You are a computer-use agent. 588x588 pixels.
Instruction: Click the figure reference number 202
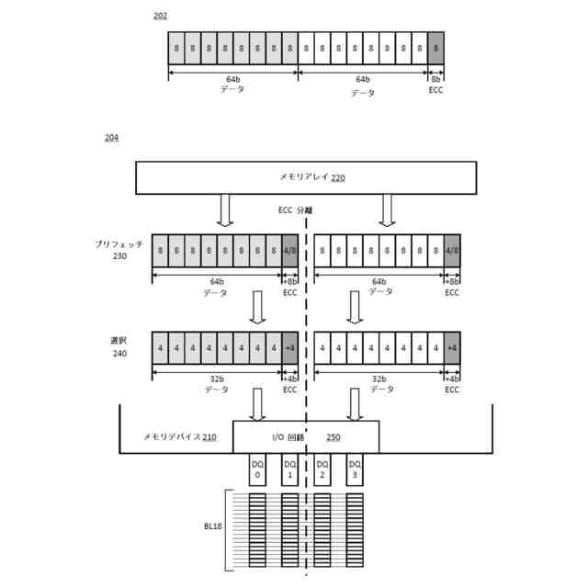[160, 17]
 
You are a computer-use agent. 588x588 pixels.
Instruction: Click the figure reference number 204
[111, 138]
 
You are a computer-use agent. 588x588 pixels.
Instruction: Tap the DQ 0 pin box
[258, 470]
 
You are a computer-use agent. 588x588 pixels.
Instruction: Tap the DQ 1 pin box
[290, 470]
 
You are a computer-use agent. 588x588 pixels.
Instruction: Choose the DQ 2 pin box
[322, 470]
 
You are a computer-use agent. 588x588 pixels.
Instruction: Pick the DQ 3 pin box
[355, 470]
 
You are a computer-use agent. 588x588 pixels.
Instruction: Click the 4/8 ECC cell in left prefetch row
[290, 250]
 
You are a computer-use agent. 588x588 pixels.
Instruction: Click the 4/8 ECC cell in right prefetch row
[452, 250]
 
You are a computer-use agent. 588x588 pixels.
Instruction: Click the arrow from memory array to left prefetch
[225, 210]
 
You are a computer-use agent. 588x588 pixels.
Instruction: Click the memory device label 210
[180, 437]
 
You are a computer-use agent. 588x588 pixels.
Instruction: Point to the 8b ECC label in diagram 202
[435, 84]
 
